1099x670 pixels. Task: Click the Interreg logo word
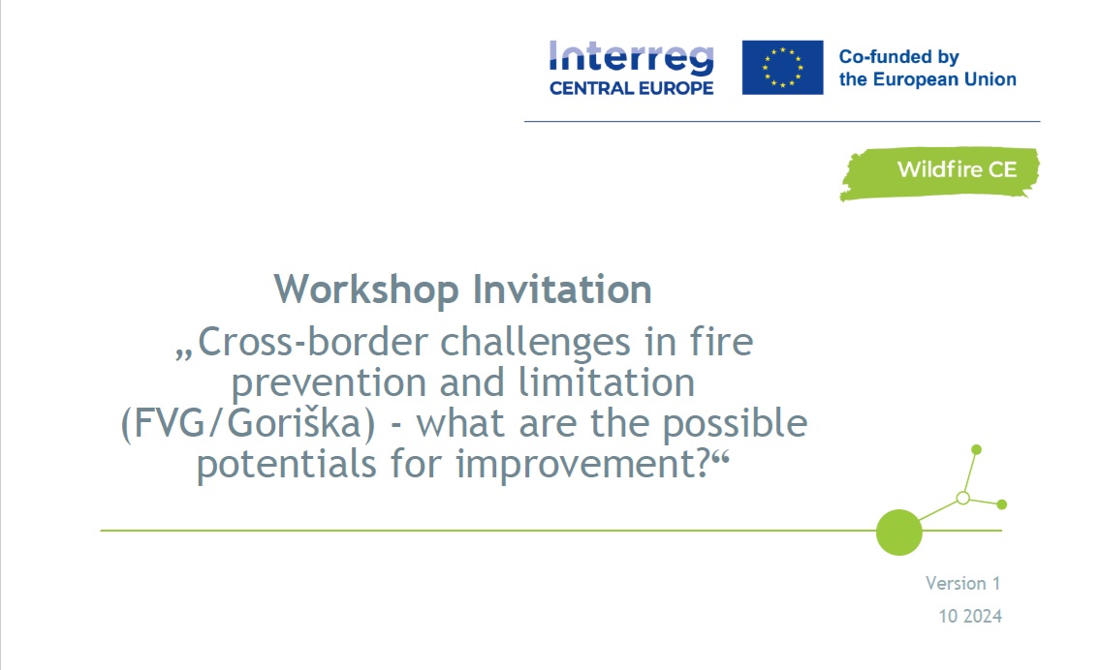tap(632, 57)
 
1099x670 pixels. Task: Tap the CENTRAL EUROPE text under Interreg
tap(632, 88)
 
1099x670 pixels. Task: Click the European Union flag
tap(782, 67)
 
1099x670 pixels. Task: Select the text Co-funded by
tap(898, 57)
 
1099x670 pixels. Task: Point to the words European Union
tap(944, 79)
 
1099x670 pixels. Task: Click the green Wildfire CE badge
tap(939, 173)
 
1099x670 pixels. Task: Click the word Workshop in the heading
tap(366, 289)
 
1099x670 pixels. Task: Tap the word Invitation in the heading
tap(562, 289)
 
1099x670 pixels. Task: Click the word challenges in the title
tap(536, 344)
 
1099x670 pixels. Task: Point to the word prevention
tap(329, 383)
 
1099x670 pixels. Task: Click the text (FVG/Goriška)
tap(248, 423)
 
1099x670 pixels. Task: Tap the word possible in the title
tap(736, 423)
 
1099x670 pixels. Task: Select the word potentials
tap(287, 464)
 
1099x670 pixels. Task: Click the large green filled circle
tap(898, 533)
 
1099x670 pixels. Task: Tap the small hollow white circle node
tap(963, 498)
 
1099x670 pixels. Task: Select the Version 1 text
tap(963, 583)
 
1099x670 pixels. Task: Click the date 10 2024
tap(970, 616)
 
